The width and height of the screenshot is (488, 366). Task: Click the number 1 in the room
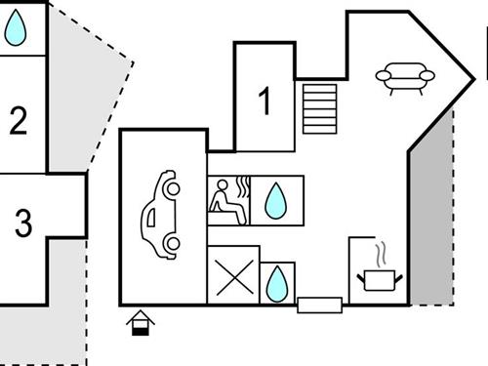(264, 102)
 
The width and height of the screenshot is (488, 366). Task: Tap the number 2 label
(18, 121)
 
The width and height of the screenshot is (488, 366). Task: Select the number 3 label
(23, 224)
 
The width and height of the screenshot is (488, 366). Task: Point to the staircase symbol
(319, 108)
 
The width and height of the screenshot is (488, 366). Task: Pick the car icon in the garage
(160, 214)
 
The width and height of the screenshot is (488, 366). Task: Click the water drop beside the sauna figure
(277, 201)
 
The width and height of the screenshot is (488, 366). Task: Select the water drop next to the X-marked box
(278, 283)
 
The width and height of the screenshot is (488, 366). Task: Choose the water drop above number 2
(15, 29)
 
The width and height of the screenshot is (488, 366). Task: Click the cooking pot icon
(380, 280)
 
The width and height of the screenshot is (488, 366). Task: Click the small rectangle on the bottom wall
(319, 305)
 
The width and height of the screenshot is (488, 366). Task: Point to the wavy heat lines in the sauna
(244, 186)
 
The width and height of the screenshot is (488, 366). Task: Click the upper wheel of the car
(170, 181)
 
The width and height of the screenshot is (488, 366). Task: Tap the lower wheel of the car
(172, 244)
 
